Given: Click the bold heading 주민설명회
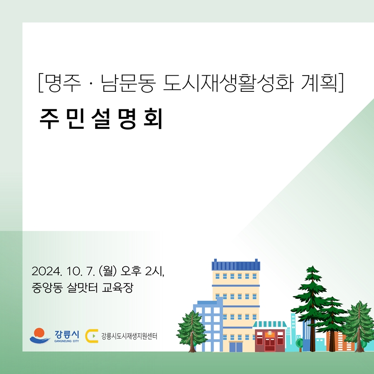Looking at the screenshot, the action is pos(101,119).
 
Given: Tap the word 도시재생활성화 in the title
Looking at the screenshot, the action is pos(228,83).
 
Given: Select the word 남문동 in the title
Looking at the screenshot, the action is pos(128,83).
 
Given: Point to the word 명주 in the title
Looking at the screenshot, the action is pos(63,83).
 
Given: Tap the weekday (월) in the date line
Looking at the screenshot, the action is pos(107,271).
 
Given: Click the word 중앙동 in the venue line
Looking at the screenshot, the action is pos(47,288).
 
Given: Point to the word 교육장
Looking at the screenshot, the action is pos(117,288).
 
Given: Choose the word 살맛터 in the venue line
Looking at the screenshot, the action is pos(82,288).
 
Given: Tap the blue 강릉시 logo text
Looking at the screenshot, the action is pos(66,335).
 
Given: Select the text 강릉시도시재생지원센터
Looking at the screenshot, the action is pos(129,336).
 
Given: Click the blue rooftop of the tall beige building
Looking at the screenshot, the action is pos(236,265).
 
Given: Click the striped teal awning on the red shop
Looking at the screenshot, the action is pos(270,324).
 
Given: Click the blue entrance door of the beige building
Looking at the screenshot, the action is pos(236,347).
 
